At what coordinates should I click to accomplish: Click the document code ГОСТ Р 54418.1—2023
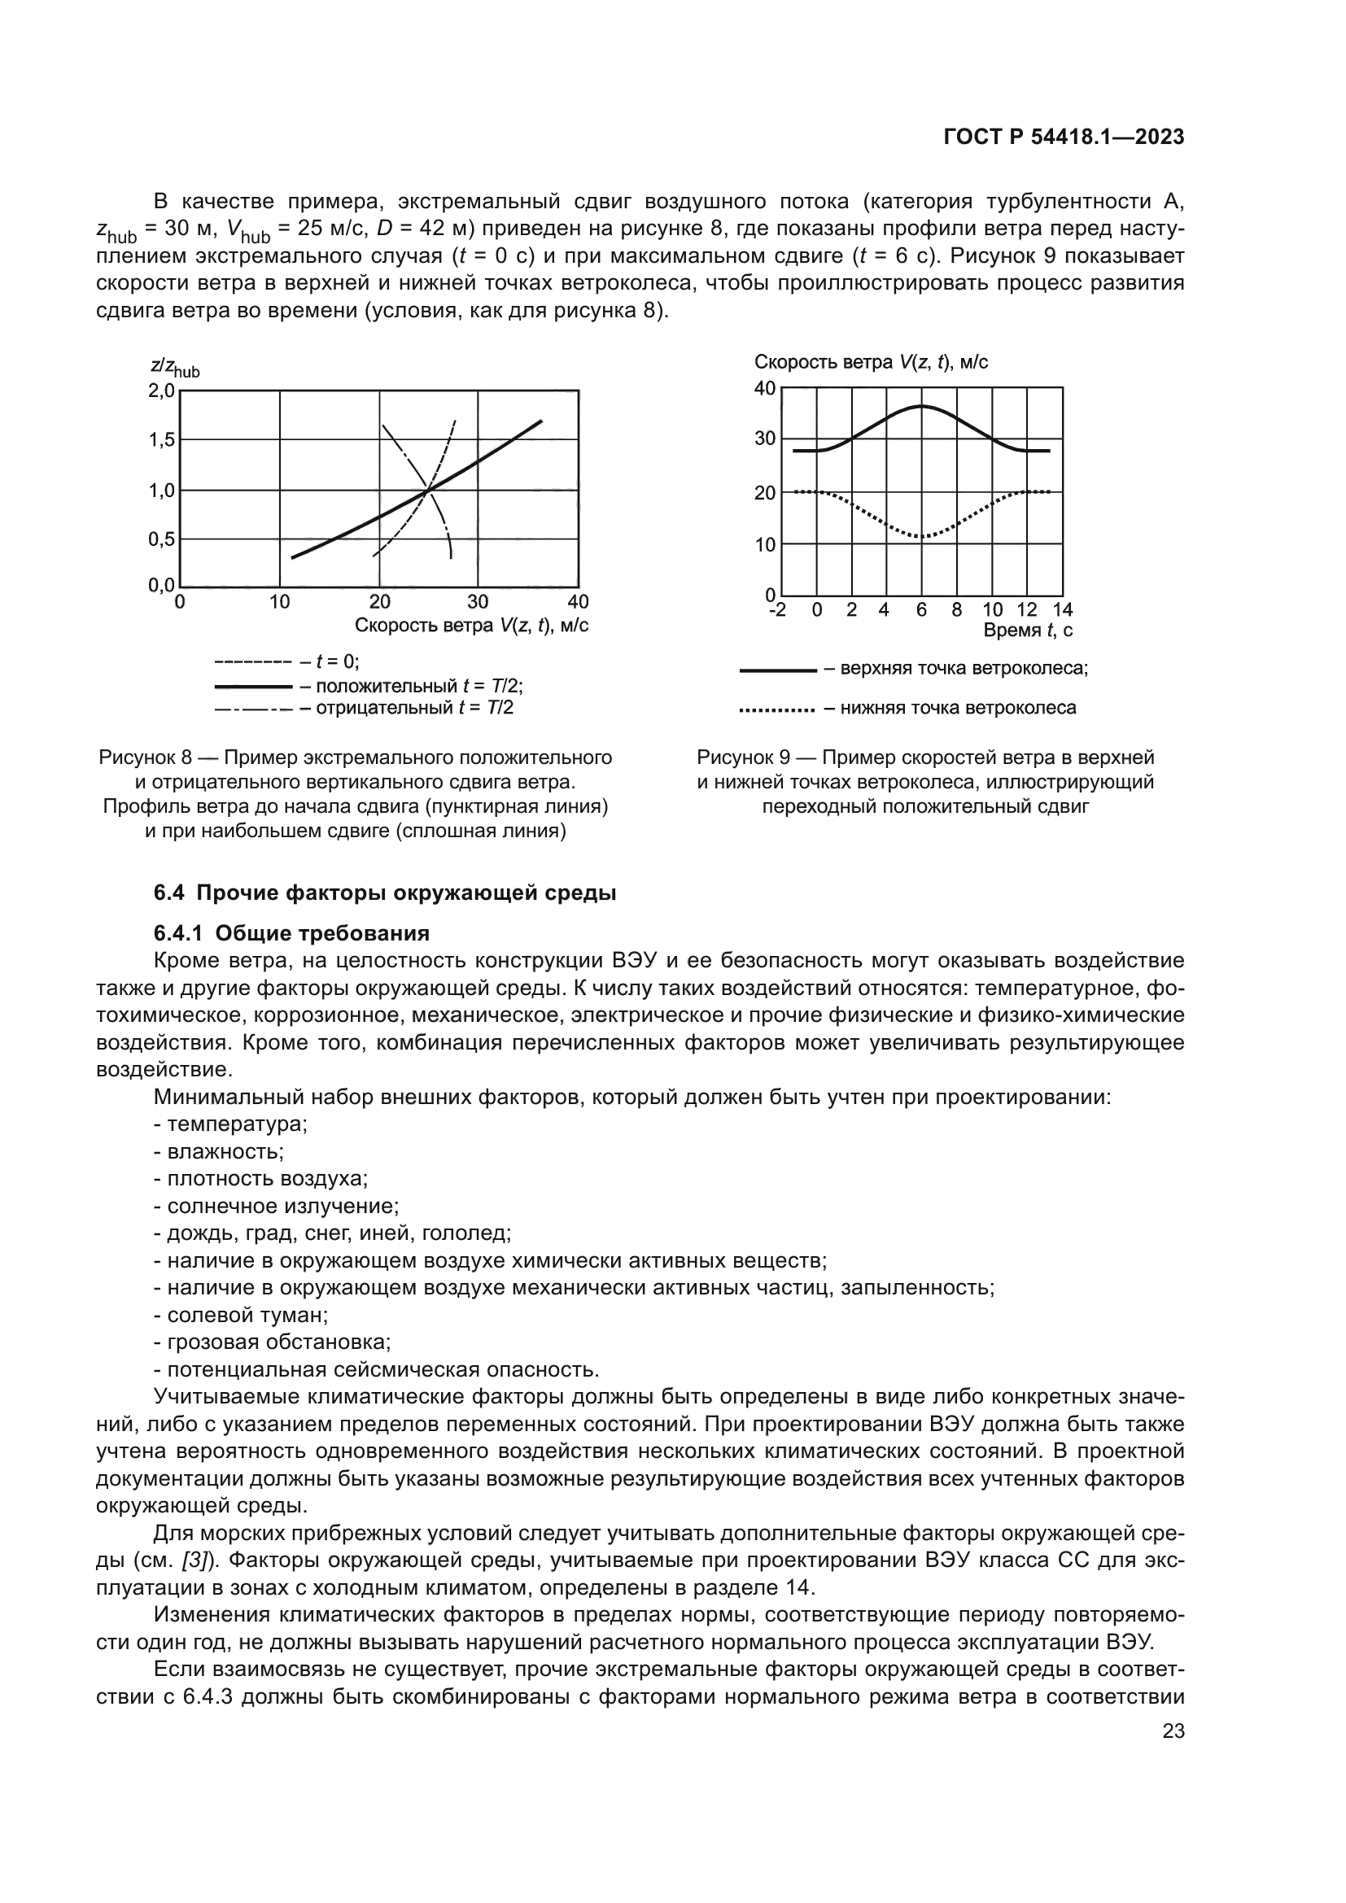(1064, 137)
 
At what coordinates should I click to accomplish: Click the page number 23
(1173, 1731)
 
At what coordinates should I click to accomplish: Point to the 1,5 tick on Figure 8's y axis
(162, 440)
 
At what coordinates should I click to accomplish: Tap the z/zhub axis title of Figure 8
(175, 367)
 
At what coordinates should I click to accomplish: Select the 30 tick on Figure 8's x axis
(478, 602)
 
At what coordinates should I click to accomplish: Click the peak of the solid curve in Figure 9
(922, 406)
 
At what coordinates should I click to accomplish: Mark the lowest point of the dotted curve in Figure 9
(922, 537)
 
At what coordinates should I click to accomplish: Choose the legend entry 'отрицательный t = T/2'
(414, 708)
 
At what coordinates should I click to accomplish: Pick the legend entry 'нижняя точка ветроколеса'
(957, 708)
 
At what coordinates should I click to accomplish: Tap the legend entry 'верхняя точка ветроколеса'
(963, 668)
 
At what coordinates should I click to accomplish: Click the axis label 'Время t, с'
(1028, 631)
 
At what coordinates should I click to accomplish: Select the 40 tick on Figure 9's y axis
(764, 388)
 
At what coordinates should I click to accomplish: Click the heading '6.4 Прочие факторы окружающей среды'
(385, 893)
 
